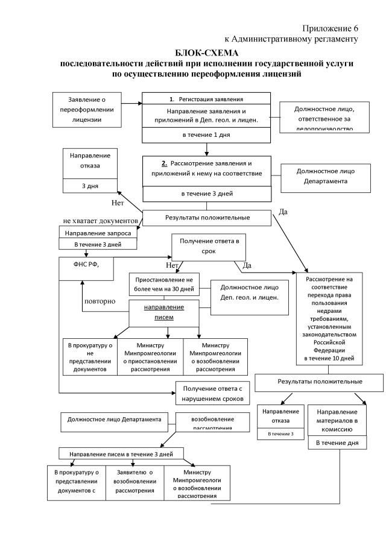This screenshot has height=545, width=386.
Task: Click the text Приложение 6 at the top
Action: click(x=331, y=28)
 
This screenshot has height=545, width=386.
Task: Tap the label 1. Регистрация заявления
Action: click(x=206, y=98)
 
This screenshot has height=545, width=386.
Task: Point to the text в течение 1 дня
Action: click(x=206, y=135)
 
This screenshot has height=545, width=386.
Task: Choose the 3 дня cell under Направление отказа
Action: click(x=90, y=186)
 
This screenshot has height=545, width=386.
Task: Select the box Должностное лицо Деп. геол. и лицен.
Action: click(x=250, y=292)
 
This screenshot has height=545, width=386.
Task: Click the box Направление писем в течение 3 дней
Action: click(x=121, y=453)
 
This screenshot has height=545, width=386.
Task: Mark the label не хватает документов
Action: click(x=101, y=221)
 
